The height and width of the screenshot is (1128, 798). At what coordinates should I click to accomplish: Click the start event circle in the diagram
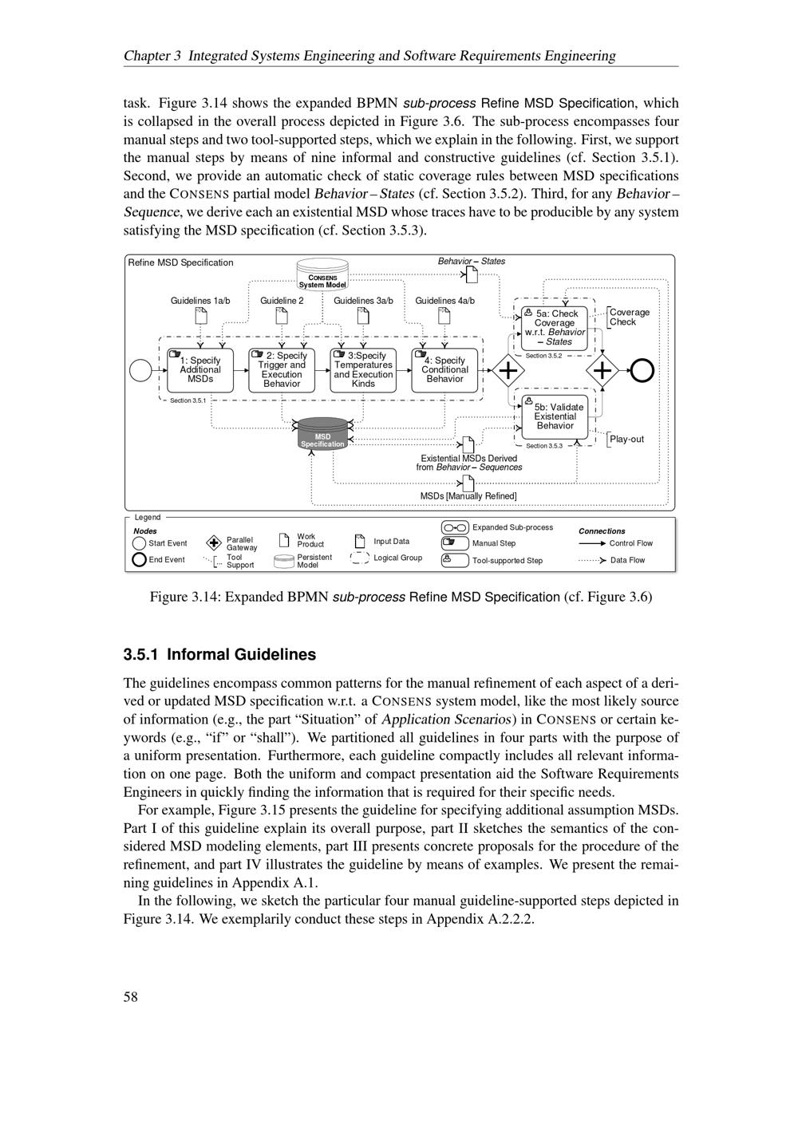tap(140, 370)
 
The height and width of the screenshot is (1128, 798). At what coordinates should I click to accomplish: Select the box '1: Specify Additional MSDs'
tap(199, 370)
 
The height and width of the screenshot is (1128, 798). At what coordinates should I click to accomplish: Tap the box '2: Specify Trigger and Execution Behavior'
tap(281, 370)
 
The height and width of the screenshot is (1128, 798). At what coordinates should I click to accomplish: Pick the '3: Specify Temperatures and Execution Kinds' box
tap(363, 370)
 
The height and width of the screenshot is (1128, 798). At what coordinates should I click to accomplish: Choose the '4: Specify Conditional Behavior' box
tap(444, 370)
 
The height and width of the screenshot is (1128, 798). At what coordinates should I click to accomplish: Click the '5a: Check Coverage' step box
tap(555, 328)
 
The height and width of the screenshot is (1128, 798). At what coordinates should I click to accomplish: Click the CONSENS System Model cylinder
tap(322, 274)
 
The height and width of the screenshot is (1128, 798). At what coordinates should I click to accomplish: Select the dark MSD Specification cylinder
tap(322, 435)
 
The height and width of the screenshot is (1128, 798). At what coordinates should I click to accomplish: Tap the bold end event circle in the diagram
tap(642, 370)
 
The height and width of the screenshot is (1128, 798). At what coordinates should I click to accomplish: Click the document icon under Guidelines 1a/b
tap(200, 316)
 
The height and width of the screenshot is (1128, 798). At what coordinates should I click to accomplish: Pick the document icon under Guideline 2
tap(282, 316)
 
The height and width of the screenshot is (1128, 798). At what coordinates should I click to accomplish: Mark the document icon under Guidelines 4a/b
tap(444, 316)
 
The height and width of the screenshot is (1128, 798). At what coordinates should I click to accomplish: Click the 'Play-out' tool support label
tap(626, 440)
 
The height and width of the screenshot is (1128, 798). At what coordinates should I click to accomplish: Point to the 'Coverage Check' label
tap(629, 317)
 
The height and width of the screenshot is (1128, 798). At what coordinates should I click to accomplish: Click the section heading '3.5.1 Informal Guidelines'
tap(219, 655)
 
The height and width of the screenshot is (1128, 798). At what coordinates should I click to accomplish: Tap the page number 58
tap(131, 996)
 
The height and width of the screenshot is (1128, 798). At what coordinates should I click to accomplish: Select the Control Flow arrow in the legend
tap(592, 543)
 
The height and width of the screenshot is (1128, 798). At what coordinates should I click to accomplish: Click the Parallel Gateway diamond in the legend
tap(213, 543)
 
